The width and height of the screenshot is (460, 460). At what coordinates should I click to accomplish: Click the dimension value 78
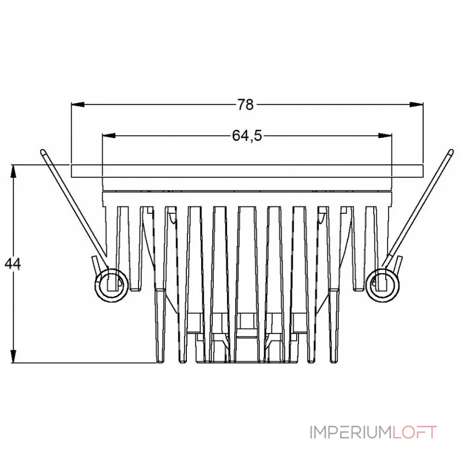[246, 105]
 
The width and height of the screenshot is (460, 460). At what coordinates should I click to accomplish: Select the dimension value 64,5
[247, 136]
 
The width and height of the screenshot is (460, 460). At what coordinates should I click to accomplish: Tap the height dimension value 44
[13, 263]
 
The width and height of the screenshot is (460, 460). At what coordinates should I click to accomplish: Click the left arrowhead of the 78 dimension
[78, 105]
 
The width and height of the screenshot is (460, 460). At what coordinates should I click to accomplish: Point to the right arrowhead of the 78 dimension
[416, 105]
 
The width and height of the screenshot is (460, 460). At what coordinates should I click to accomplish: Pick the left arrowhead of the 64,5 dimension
[109, 136]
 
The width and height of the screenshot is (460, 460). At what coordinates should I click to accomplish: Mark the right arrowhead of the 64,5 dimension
[385, 136]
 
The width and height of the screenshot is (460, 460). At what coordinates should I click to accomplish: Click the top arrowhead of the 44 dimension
[13, 171]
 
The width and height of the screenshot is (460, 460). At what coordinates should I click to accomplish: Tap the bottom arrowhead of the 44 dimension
[13, 356]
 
